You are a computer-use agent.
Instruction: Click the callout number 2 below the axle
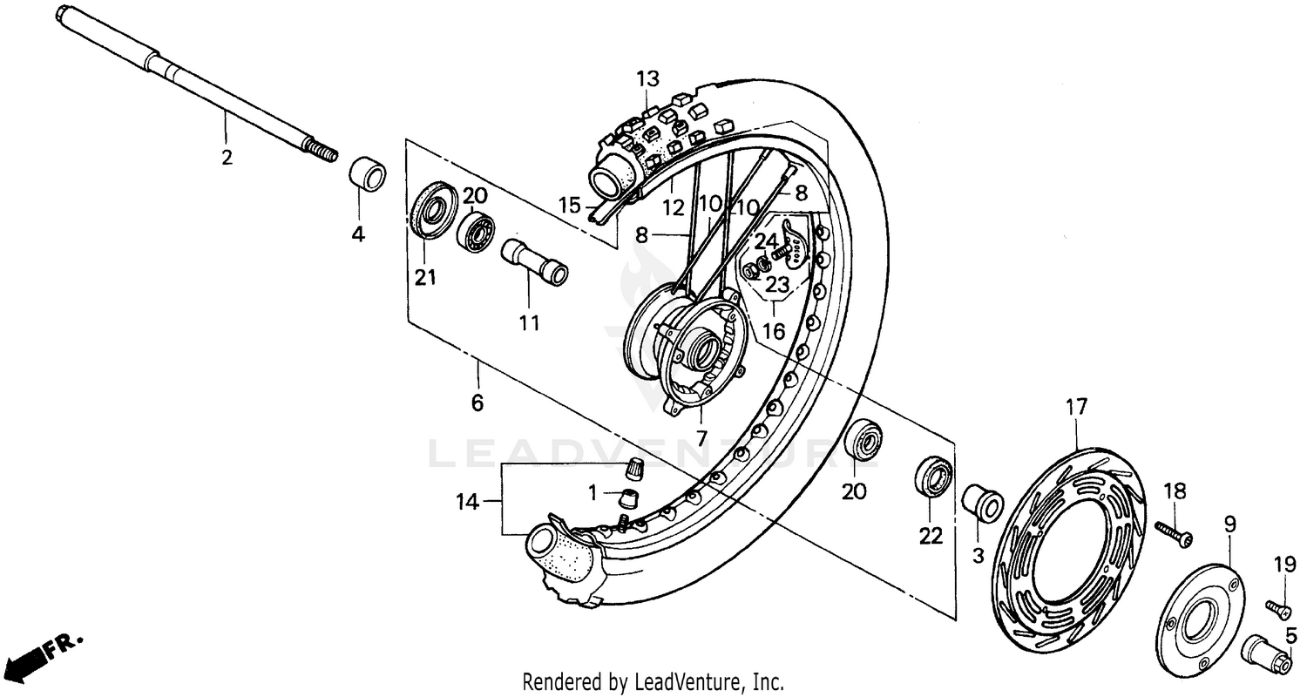[227, 159]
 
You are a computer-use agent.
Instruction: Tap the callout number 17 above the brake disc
[1077, 406]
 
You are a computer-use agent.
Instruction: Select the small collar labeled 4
[368, 173]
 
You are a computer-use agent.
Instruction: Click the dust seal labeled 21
[433, 211]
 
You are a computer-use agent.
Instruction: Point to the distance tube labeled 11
[534, 262]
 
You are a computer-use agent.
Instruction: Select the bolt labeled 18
[1174, 533]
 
